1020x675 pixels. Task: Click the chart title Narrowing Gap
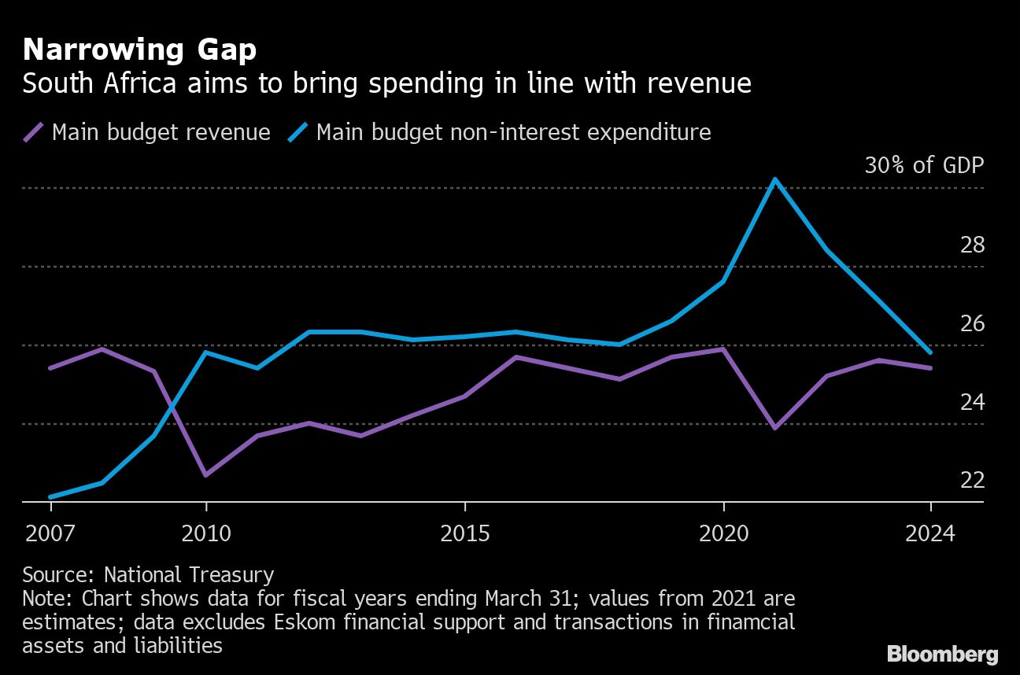click(139, 50)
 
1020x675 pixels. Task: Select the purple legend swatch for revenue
click(34, 132)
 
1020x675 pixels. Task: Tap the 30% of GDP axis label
click(923, 165)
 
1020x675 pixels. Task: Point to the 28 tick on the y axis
click(972, 245)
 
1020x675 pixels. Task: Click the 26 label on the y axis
click(972, 323)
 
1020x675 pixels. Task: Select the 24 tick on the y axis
click(972, 402)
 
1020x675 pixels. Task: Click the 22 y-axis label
click(972, 480)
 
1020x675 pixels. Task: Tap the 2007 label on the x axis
click(50, 534)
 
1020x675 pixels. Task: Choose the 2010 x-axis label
click(205, 534)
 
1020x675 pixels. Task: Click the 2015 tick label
click(464, 534)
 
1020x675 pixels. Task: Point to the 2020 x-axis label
click(723, 534)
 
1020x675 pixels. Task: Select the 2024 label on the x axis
click(930, 534)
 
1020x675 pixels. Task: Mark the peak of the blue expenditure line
click(775, 179)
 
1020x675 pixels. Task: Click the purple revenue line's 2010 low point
click(205, 475)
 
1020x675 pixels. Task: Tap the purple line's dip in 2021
click(775, 428)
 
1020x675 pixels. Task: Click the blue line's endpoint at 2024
click(930, 352)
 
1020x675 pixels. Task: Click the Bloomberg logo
click(942, 654)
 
